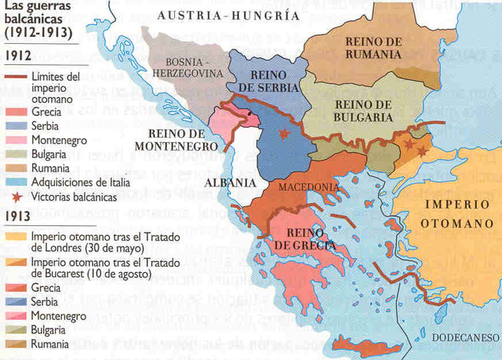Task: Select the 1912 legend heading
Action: click(x=16, y=56)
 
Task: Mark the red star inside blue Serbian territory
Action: click(x=283, y=136)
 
